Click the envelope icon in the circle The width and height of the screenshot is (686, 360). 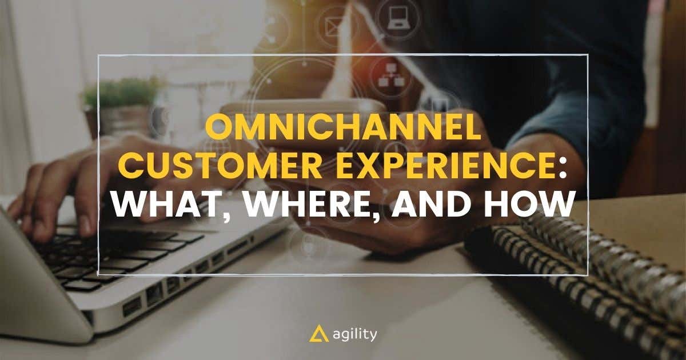click(333, 26)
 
